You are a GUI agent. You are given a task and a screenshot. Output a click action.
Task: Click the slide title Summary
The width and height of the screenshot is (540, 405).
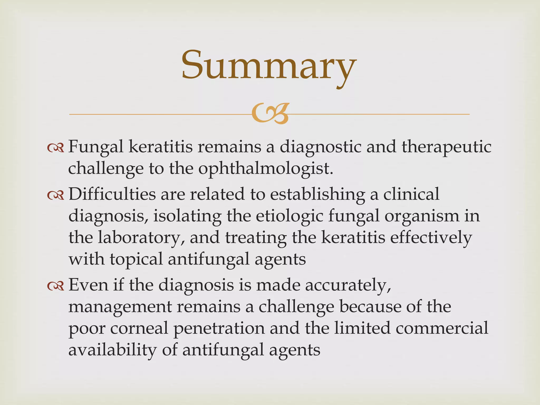[268, 66]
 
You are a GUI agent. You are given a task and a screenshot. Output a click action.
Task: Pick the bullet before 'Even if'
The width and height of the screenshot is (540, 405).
[56, 286]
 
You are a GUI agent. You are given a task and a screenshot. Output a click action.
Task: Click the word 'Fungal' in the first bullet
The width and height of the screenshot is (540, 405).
[96, 147]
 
